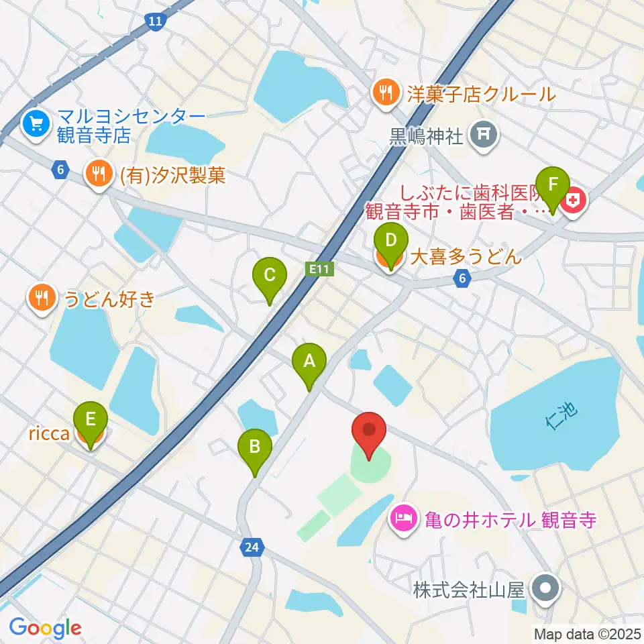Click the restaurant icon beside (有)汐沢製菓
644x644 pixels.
point(99,176)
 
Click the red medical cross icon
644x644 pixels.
point(576,199)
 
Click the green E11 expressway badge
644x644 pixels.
point(319,269)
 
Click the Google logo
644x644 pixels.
point(45,628)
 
